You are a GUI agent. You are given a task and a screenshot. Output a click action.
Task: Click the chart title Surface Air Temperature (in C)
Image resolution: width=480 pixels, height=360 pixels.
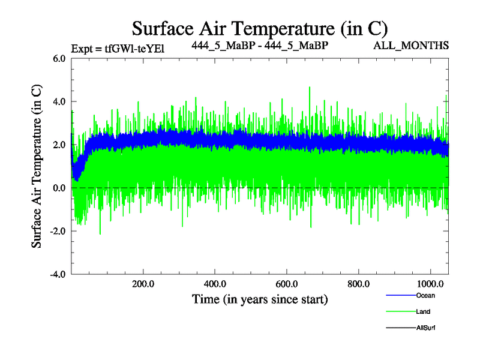(260, 28)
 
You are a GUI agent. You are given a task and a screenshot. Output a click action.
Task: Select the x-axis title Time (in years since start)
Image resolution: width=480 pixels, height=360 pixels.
(260, 298)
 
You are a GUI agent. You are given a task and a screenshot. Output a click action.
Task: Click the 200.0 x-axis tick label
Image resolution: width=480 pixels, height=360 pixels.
(143, 284)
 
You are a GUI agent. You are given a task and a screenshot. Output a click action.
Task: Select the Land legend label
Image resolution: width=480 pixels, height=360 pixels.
(423, 311)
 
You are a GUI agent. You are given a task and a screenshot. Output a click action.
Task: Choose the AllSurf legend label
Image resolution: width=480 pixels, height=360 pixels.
(425, 328)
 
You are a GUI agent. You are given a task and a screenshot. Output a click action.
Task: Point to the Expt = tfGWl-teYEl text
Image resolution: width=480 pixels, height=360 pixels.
(118, 49)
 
